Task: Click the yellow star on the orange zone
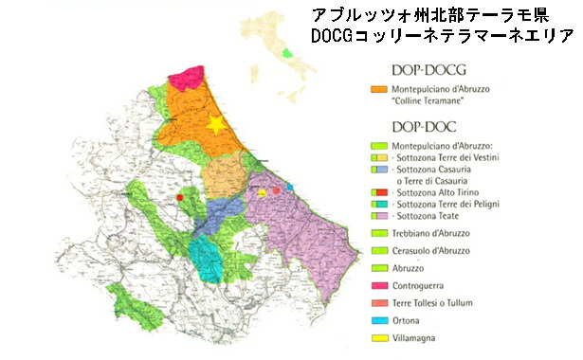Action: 216,123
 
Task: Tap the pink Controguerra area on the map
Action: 185,76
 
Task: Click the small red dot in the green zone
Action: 179,196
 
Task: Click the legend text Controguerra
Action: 420,284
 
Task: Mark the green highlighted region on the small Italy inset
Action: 286,53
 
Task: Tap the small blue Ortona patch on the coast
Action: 290,187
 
